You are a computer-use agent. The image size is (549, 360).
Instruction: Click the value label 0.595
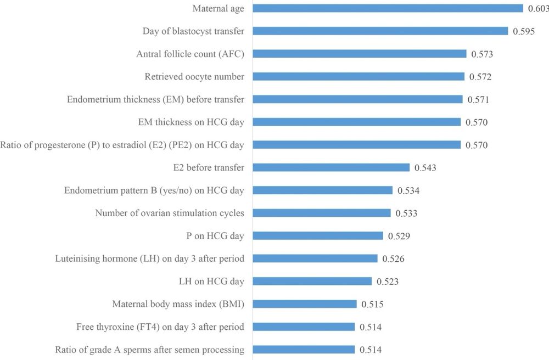coord(524,31)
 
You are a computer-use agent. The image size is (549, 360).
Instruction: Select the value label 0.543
coord(425,167)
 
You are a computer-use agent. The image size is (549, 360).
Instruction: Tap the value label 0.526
coord(393,258)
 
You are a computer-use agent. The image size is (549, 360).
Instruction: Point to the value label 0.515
coord(372,304)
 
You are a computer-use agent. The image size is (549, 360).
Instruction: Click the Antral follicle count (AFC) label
coord(190,54)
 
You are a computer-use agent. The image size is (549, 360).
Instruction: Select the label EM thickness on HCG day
coord(191,122)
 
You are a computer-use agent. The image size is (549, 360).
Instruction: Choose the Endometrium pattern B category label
coord(154,190)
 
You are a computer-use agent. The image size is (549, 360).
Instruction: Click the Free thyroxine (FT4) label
coord(160,327)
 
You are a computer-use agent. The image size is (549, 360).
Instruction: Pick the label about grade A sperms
coord(150,350)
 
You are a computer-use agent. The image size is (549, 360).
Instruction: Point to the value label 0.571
coord(478,99)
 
